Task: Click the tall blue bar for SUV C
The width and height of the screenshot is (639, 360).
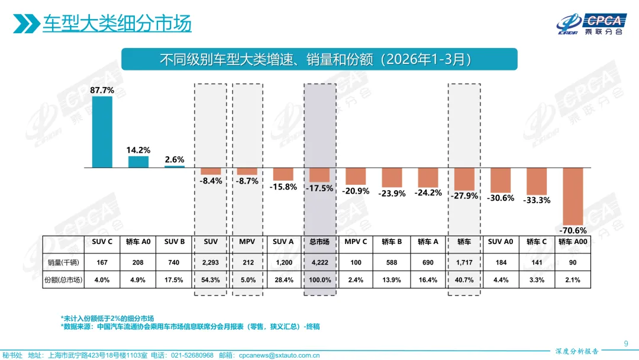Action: [102, 131]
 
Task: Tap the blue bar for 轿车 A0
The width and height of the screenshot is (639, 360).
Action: [138, 162]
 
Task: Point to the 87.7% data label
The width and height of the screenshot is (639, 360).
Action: [102, 91]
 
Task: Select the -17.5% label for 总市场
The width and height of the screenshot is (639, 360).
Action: [319, 188]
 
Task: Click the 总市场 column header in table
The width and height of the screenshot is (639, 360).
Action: [319, 242]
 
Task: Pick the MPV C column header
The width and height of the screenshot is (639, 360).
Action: [356, 242]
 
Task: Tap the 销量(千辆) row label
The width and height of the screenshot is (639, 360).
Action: [63, 262]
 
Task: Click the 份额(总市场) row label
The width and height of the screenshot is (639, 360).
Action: [63, 279]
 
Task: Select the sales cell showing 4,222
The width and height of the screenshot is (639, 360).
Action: [319, 262]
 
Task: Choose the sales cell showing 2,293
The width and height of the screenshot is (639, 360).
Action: [210, 262]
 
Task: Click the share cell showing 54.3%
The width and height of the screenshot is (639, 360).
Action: [210, 279]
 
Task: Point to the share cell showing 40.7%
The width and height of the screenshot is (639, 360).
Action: [464, 279]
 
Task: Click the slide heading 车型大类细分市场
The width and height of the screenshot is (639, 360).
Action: [117, 24]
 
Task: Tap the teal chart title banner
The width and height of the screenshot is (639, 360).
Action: [319, 60]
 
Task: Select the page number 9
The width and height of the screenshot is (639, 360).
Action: [626, 343]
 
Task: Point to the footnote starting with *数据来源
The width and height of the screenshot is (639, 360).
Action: [189, 326]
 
